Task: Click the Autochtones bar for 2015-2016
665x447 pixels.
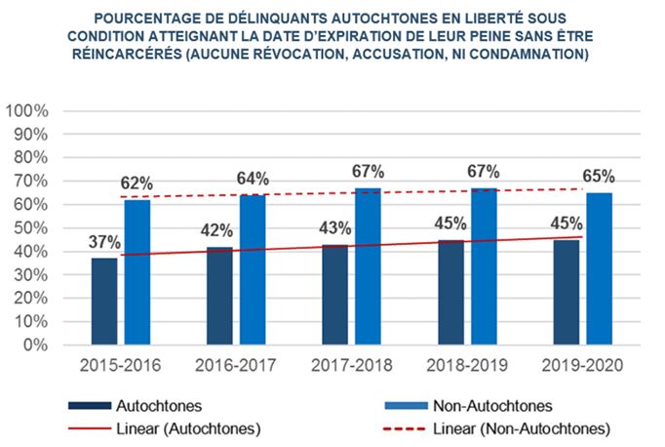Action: coord(104,301)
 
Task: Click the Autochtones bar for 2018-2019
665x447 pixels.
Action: coord(450,292)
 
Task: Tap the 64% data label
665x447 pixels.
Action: coord(254,178)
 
